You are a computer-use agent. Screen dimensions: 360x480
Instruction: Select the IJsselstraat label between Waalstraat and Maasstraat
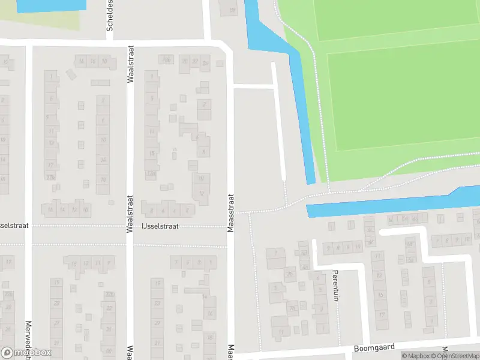pos(161,227)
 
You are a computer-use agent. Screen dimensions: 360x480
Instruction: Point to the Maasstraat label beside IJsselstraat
pos(230,212)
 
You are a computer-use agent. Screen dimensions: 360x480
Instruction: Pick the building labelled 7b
pos(293,310)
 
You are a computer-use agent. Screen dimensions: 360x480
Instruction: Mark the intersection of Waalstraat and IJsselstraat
pos(130,227)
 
